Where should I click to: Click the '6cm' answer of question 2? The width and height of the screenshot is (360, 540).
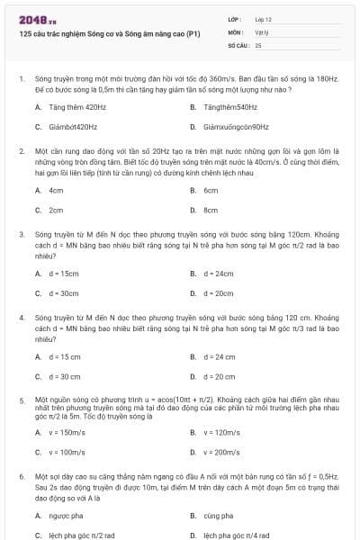[x=211, y=190]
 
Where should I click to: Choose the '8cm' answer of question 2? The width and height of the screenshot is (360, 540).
[x=211, y=210]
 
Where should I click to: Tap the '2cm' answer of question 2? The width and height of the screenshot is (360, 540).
[x=56, y=210]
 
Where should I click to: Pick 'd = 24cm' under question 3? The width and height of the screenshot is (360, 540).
[x=219, y=273]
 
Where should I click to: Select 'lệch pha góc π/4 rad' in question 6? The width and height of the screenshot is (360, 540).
[x=235, y=535]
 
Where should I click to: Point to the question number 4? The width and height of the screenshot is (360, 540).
[x=21, y=318]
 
